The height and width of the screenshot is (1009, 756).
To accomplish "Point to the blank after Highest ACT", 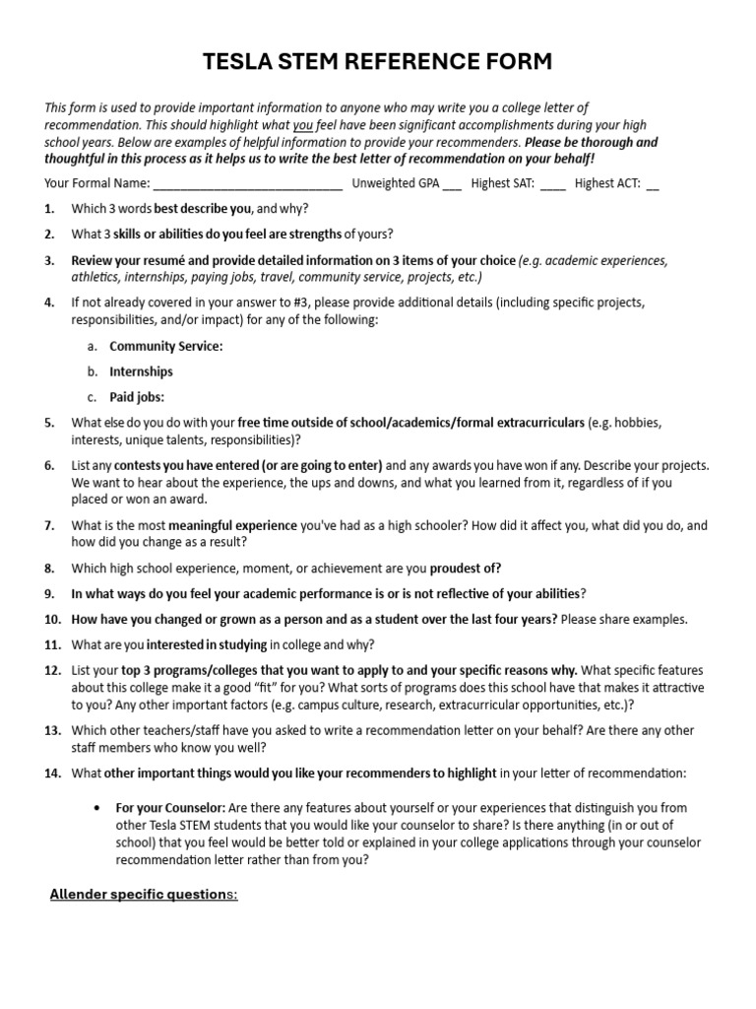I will tap(653, 183).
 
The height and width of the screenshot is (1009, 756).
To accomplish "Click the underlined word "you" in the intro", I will tap(303, 125).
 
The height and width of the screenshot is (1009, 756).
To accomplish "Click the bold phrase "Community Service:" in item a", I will tap(166, 346).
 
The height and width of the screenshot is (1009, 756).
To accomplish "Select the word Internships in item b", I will tap(141, 371).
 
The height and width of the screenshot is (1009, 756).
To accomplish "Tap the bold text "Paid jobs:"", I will tap(137, 397).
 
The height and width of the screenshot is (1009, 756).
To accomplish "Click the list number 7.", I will tap(49, 526).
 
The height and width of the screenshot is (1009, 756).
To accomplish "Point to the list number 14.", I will tap(52, 774).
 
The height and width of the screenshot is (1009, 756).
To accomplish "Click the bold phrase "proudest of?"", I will tap(466, 568).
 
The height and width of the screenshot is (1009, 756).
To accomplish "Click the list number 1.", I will tap(49, 209).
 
